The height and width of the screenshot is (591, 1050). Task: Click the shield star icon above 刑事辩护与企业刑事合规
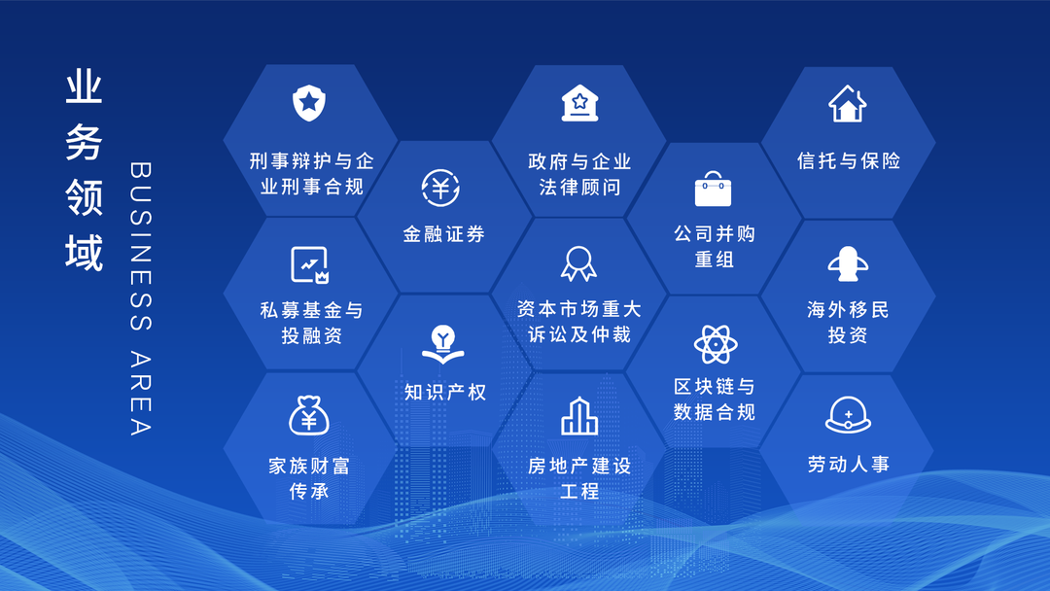click(x=309, y=102)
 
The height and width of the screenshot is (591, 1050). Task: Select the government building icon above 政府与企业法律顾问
click(x=579, y=102)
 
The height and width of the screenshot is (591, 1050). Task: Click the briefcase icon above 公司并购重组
click(x=714, y=189)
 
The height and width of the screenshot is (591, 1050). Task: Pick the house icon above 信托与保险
click(x=847, y=103)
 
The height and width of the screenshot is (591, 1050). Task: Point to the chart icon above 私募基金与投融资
click(x=310, y=263)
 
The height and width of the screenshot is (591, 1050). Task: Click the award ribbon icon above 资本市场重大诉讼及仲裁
click(x=578, y=262)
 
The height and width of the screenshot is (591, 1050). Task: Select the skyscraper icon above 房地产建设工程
click(x=578, y=416)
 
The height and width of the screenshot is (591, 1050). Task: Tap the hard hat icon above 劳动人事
click(x=848, y=416)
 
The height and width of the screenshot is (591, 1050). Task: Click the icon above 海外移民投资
click(x=847, y=263)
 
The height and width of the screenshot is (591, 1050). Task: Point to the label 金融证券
click(x=443, y=234)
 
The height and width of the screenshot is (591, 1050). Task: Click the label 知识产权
click(x=445, y=392)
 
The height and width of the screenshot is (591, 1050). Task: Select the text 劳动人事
click(x=848, y=465)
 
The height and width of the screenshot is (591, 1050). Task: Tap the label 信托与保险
click(x=849, y=160)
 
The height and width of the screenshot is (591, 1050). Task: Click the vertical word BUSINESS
click(x=140, y=232)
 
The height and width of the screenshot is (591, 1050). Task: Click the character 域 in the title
click(x=84, y=255)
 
